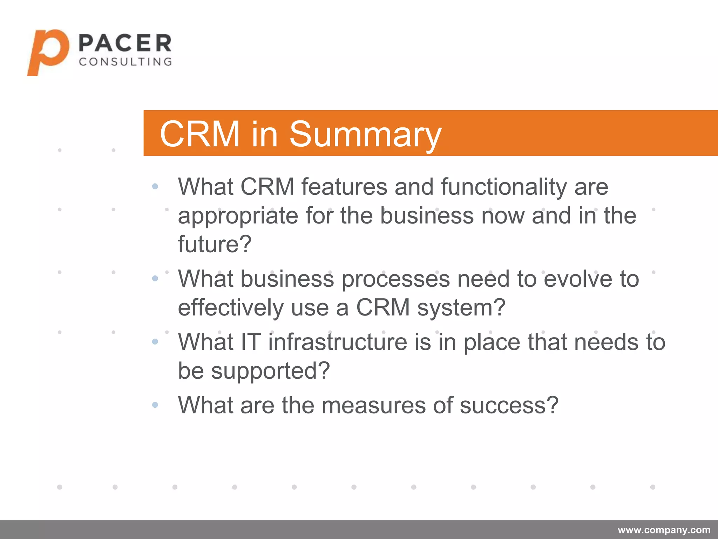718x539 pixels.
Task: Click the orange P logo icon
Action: (48, 53)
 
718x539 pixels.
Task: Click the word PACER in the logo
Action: (125, 44)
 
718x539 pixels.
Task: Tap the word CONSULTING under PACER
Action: (125, 62)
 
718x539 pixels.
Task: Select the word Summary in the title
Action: (365, 134)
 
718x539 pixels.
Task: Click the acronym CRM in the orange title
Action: (199, 134)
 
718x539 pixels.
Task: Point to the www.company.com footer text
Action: (664, 530)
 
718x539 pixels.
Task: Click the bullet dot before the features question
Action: (155, 186)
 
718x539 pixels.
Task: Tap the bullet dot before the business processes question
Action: (155, 279)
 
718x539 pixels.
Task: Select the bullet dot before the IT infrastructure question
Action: (155, 341)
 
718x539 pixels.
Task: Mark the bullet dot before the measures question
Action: (155, 405)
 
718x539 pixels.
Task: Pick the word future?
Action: (215, 244)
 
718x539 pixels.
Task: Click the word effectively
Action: (230, 308)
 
